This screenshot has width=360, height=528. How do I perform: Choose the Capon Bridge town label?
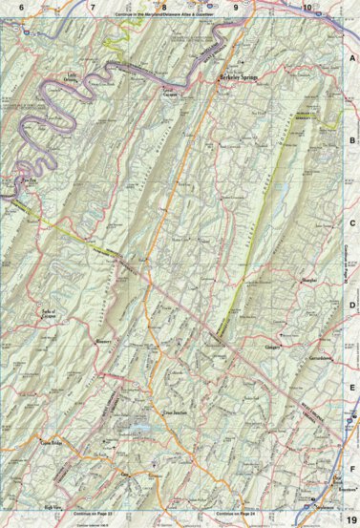(x=53, y=443)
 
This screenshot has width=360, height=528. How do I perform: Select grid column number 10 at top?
(x=307, y=8)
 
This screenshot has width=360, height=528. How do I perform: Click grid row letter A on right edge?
(x=351, y=58)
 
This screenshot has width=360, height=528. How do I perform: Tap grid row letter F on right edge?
(x=351, y=469)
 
